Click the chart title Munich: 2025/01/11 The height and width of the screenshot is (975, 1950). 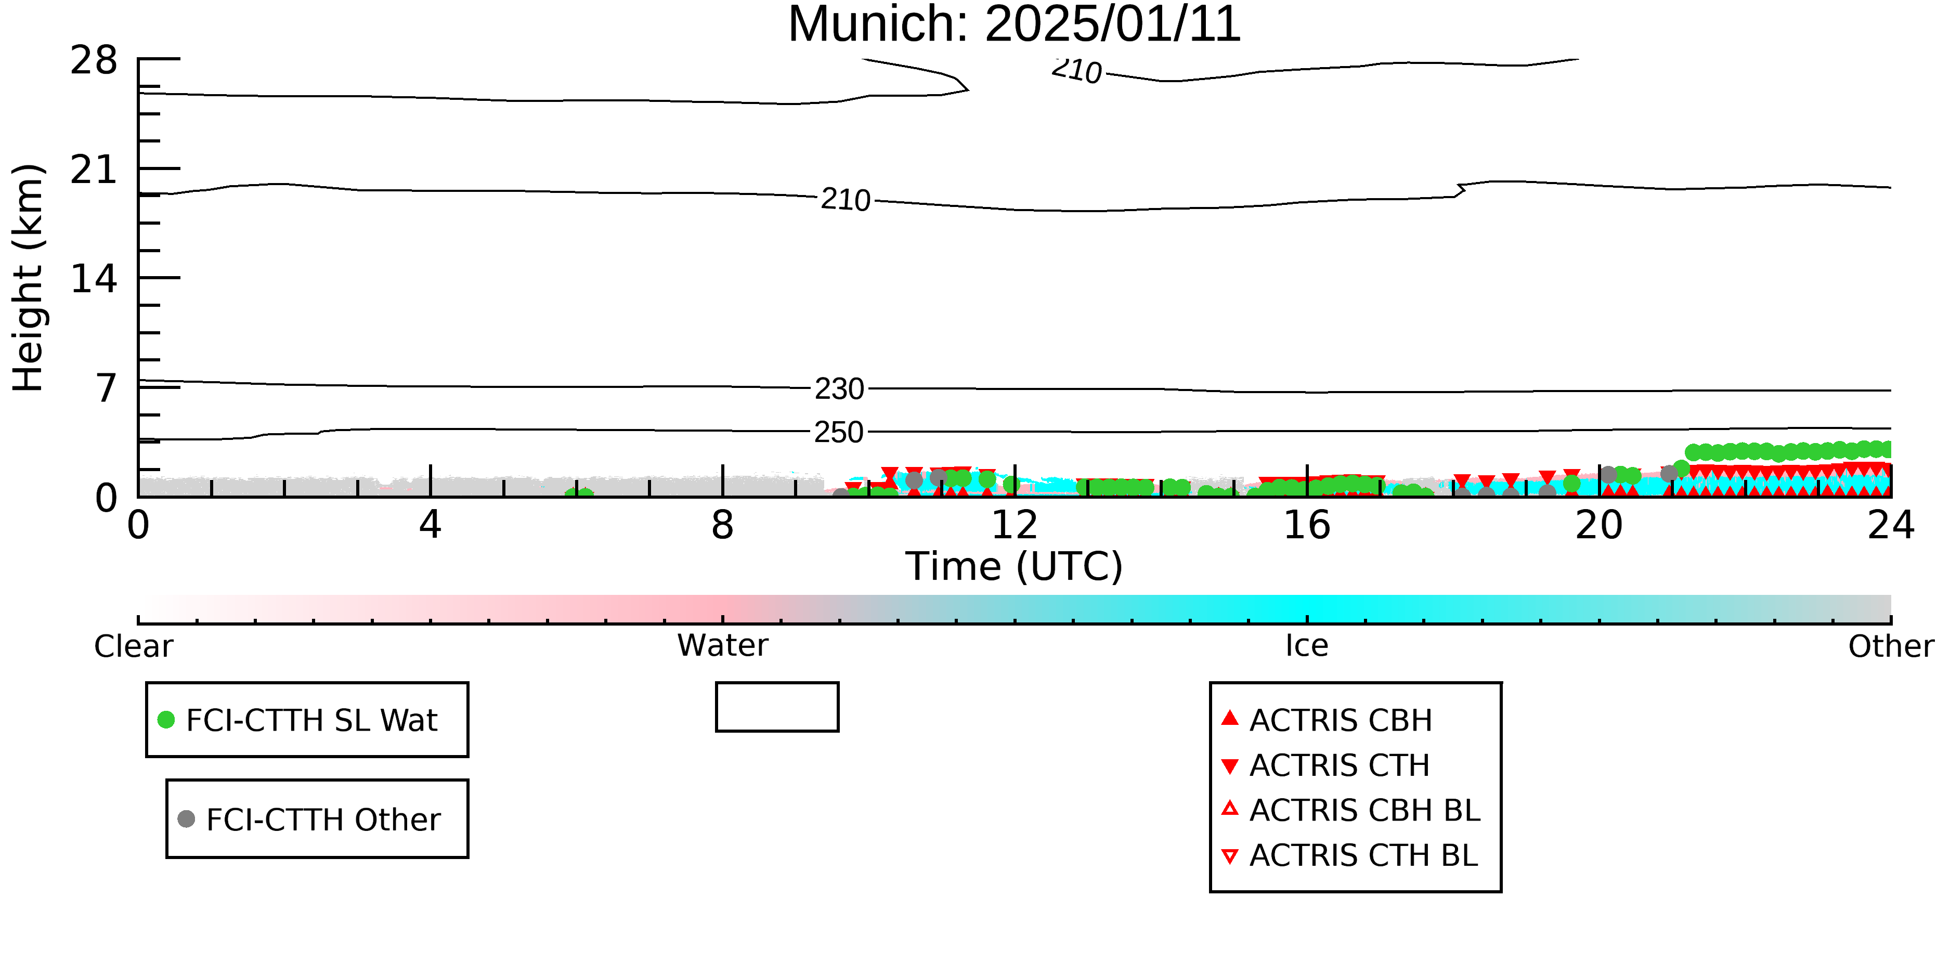coord(1015,24)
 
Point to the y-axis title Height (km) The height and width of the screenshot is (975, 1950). coord(29,278)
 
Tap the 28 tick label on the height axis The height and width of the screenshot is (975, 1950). coord(94,60)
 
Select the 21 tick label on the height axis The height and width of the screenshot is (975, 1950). coord(94,170)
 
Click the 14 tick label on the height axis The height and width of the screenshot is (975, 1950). coord(94,279)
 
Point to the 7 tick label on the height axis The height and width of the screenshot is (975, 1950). coord(107,388)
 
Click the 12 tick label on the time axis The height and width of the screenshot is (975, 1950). coord(1015,525)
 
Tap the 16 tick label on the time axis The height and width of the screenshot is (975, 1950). coord(1307,525)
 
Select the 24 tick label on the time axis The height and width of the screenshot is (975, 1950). coord(1891,525)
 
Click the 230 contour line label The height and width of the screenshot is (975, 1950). coord(839,389)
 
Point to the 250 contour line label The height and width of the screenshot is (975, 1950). coord(839,432)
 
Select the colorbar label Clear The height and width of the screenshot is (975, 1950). coord(133,646)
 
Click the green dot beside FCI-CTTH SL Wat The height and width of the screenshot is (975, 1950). coord(166,720)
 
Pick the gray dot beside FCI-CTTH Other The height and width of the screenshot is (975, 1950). coord(186,819)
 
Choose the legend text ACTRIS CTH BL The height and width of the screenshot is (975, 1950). coord(1363,855)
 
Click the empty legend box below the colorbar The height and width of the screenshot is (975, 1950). coord(777,684)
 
